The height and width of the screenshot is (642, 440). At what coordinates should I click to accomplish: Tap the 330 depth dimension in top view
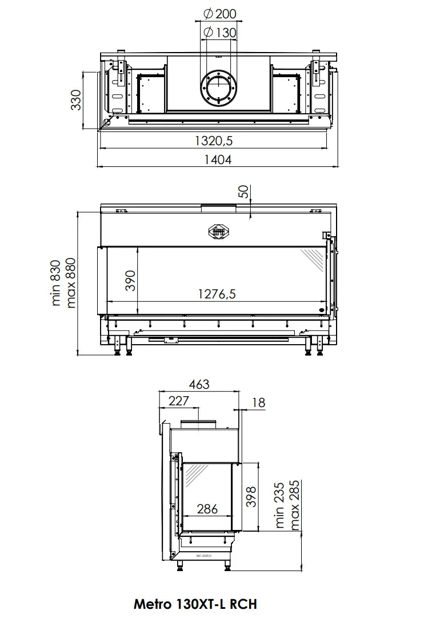point(76,100)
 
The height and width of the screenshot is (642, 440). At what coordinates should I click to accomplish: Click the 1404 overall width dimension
point(218,160)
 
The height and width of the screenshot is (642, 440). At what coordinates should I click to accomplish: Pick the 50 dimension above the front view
point(245,192)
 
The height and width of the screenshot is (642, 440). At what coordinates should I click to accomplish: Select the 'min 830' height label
point(56,283)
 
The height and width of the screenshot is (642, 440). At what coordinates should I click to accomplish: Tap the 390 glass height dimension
point(131,281)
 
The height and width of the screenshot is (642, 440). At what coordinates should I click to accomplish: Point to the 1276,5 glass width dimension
point(217,294)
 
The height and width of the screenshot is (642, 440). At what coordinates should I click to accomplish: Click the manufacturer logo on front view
point(217,230)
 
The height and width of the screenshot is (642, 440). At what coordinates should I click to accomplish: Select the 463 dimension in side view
point(198,385)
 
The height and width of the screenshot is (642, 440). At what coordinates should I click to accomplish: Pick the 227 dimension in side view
point(178,401)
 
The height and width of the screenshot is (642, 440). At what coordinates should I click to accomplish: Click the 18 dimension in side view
point(258,402)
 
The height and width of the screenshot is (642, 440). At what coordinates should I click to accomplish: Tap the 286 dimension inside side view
point(207,508)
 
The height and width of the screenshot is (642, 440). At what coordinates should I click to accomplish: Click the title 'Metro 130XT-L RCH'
point(195,604)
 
